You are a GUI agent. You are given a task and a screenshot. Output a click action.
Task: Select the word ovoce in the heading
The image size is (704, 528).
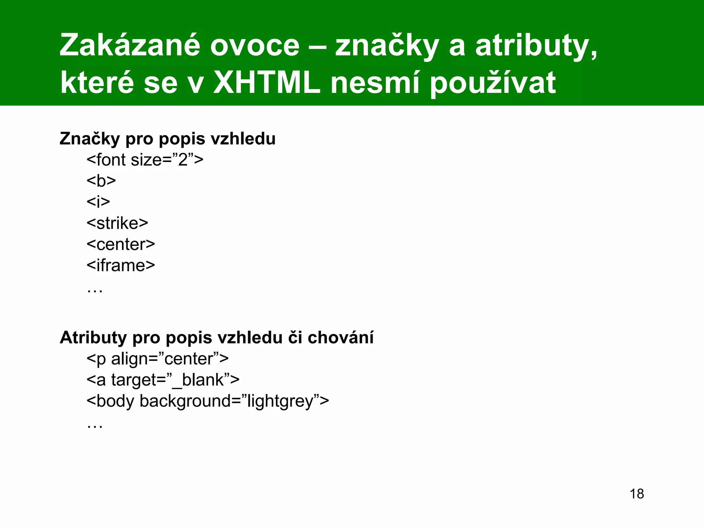[x=255, y=46]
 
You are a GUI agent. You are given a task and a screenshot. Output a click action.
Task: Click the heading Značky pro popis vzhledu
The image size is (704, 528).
[x=167, y=139]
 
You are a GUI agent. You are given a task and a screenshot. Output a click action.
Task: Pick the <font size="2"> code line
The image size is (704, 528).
[x=145, y=160]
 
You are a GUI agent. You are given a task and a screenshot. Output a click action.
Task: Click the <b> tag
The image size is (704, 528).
[x=101, y=181]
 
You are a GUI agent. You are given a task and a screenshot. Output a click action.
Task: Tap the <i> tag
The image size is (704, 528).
[x=98, y=202]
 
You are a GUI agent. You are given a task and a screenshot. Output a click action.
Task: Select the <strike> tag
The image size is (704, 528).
[x=117, y=223]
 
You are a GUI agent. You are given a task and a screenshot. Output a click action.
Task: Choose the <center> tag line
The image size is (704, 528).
[x=121, y=244]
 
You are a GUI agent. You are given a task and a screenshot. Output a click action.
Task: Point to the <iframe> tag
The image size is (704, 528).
[x=121, y=265]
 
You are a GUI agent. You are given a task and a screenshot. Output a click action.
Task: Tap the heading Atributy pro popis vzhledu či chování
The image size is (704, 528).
[x=217, y=338]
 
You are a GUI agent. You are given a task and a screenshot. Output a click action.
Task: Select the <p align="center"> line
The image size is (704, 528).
[x=157, y=359]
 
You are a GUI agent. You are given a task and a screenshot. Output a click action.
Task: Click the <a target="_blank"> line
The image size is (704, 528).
[x=163, y=380]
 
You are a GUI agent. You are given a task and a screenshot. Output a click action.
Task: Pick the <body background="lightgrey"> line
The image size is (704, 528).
[x=208, y=401]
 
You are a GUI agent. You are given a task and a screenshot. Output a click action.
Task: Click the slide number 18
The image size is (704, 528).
[x=637, y=494]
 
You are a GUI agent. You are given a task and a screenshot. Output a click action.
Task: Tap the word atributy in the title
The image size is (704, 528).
[x=536, y=46]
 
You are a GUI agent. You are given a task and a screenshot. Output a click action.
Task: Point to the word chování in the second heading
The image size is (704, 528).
[x=340, y=338]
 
